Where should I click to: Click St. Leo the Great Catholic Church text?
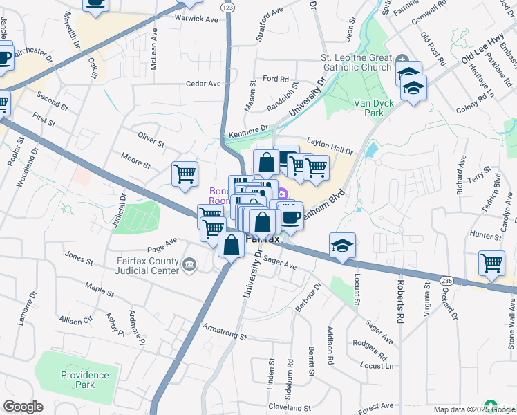355,62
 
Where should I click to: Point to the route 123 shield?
227,6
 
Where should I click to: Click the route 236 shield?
445,280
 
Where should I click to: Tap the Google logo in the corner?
23,407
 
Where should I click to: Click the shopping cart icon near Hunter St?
491,263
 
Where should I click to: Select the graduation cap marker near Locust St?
341,246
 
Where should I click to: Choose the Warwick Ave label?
196,19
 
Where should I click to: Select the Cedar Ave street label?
203,84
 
